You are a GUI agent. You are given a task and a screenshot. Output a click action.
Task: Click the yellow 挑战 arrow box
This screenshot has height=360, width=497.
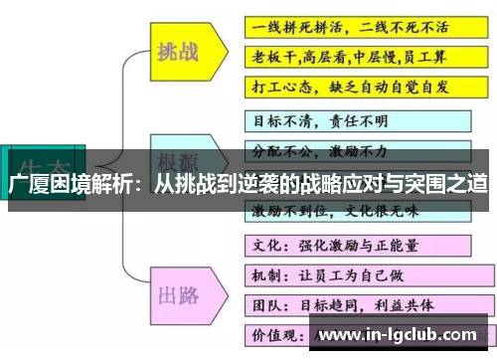180,52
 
